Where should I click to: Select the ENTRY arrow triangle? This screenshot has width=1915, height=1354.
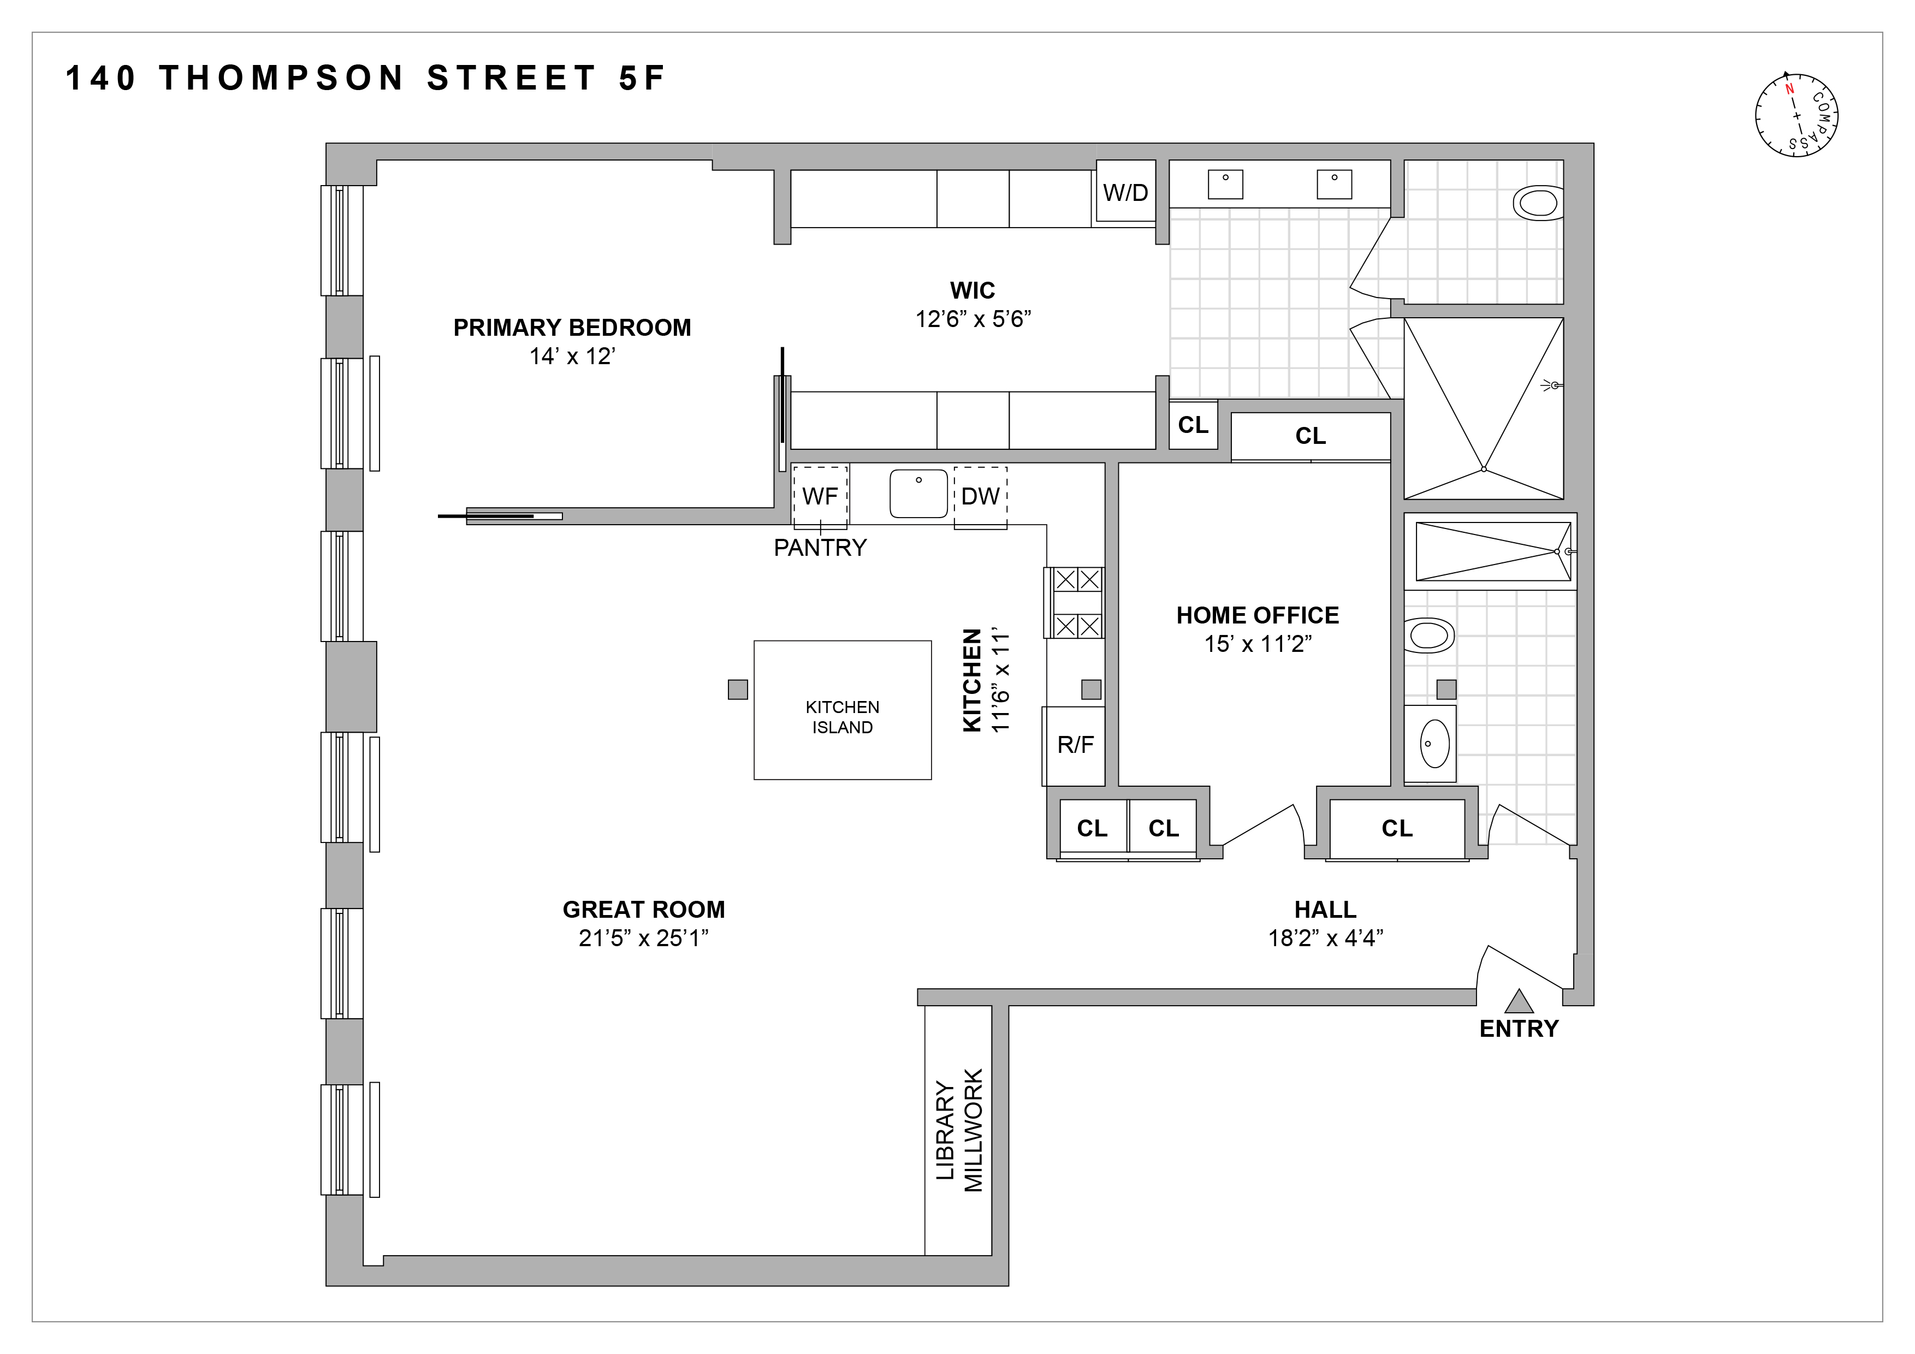pyautogui.click(x=1519, y=1001)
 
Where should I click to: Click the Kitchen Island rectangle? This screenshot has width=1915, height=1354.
pyautogui.click(x=843, y=710)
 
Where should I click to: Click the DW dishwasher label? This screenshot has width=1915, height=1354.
pyautogui.click(x=980, y=497)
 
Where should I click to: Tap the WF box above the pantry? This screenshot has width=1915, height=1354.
pyautogui.click(x=820, y=497)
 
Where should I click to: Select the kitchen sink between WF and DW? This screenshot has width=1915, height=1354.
pyautogui.click(x=918, y=494)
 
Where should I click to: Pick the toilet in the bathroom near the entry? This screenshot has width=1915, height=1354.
pyautogui.click(x=1430, y=636)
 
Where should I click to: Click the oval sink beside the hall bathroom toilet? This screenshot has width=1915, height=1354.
pyautogui.click(x=1434, y=744)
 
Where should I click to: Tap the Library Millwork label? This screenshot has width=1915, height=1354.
pyautogui.click(x=959, y=1131)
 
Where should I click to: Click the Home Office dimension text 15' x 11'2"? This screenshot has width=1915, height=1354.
pyautogui.click(x=1258, y=644)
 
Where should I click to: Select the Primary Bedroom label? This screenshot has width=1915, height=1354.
pyautogui.click(x=572, y=328)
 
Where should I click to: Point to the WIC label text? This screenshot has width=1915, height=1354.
pyautogui.click(x=973, y=291)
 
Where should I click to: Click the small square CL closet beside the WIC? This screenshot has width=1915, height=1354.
pyautogui.click(x=1193, y=425)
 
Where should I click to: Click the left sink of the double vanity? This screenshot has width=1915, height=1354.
pyautogui.click(x=1225, y=184)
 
